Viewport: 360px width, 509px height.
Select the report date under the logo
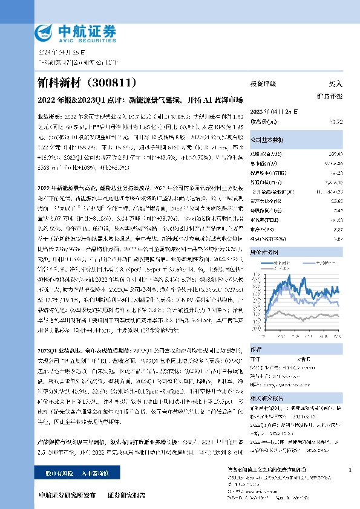(x=59, y=52)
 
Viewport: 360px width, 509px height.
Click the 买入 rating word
(x=334, y=84)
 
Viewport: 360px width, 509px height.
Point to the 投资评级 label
(x=263, y=84)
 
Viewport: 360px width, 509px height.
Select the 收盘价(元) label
(x=263, y=121)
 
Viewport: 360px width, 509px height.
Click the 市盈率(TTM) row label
(x=263, y=220)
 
